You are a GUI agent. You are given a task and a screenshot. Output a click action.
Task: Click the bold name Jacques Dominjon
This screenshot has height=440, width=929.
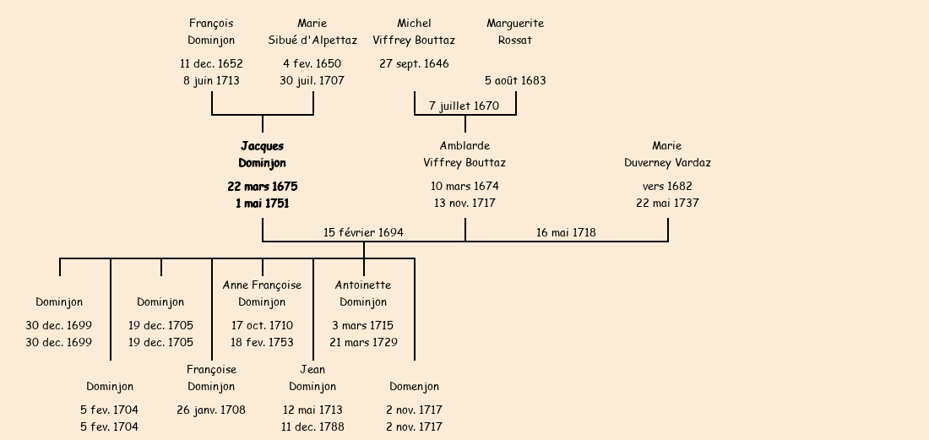point(262,155)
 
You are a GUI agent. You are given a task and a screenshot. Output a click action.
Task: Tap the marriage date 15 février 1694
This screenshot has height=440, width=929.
point(363,232)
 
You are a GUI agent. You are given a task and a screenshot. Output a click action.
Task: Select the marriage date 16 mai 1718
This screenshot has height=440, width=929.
point(566,232)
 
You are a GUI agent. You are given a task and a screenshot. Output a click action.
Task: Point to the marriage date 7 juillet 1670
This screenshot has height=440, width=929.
point(464,106)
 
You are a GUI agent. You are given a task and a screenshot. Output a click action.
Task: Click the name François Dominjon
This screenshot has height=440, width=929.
point(211,31)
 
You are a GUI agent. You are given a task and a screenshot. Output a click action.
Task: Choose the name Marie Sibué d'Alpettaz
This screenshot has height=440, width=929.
point(312,31)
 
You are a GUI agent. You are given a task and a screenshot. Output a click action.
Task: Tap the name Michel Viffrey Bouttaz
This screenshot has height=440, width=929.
point(414,31)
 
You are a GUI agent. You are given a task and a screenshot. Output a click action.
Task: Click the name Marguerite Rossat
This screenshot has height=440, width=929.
point(515,31)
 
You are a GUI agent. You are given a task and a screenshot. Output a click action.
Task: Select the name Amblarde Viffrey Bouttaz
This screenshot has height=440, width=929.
point(465,155)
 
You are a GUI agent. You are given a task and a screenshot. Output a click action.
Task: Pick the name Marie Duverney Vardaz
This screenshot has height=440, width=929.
point(667,155)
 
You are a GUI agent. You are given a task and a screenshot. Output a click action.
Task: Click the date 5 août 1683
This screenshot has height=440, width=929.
point(515,81)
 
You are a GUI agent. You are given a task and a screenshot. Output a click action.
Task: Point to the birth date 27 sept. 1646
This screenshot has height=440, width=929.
point(414,64)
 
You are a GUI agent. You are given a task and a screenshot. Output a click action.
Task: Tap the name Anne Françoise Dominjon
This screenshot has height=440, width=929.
point(262,293)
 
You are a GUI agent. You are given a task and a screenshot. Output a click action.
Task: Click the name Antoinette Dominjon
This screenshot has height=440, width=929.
point(363,293)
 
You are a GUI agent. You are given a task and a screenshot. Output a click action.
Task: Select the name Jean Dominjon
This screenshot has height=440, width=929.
point(312,378)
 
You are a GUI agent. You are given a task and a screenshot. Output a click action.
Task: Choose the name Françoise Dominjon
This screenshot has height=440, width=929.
point(211,378)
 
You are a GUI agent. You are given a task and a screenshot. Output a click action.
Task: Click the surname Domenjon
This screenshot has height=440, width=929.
point(414,387)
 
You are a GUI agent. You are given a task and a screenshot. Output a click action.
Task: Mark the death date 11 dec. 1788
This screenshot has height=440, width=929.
point(312,427)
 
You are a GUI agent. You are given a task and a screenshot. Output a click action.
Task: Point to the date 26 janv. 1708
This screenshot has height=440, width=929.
point(211,410)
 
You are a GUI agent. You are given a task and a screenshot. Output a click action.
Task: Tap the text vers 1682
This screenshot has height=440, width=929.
point(667,187)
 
